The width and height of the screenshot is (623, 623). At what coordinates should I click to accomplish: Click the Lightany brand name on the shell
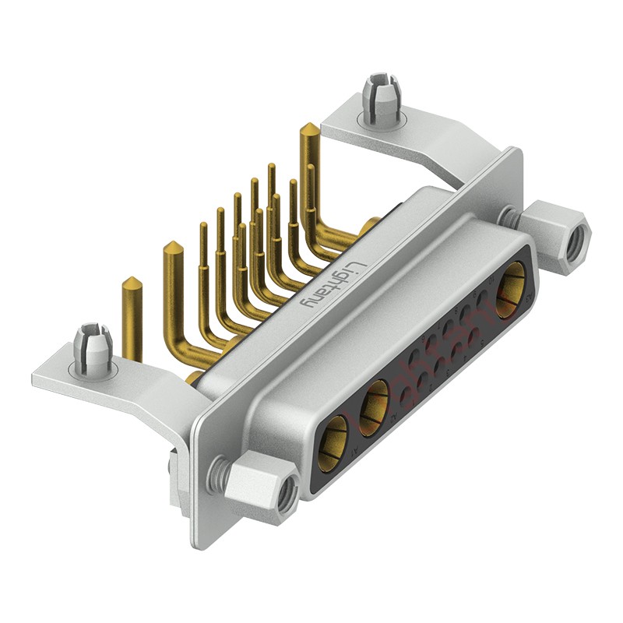pyautogui.click(x=332, y=287)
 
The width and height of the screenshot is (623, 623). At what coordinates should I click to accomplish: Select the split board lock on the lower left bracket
pyautogui.click(x=92, y=349)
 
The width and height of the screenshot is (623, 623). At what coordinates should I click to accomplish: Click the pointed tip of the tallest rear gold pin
pyautogui.click(x=308, y=128)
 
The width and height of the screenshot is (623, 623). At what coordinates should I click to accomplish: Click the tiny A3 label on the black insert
pyautogui.click(x=530, y=297)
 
